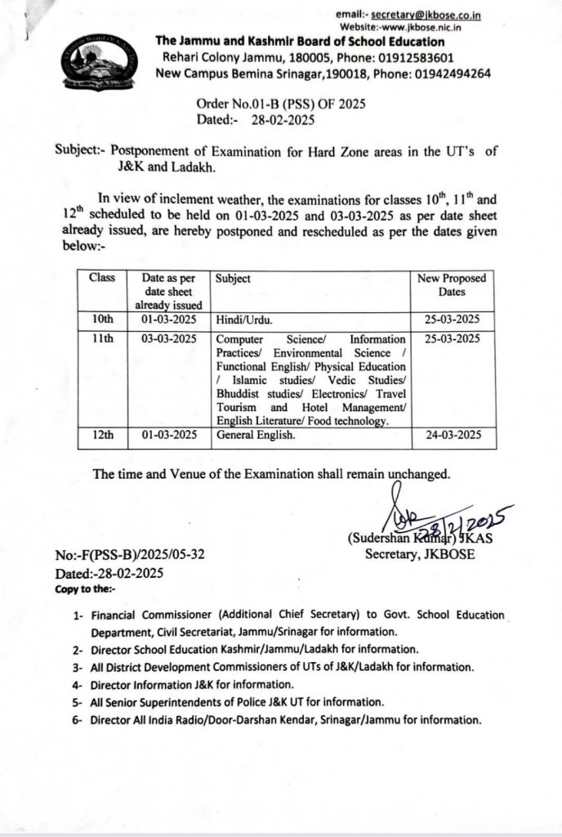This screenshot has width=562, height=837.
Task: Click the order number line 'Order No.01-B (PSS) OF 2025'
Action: (282, 104)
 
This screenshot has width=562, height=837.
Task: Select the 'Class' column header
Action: (101, 279)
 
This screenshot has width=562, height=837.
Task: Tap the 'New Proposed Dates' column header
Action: (452, 285)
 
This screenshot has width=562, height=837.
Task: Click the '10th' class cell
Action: (101, 319)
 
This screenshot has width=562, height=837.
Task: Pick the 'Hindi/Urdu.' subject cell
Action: (244, 320)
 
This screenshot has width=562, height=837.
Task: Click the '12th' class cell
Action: (101, 436)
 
